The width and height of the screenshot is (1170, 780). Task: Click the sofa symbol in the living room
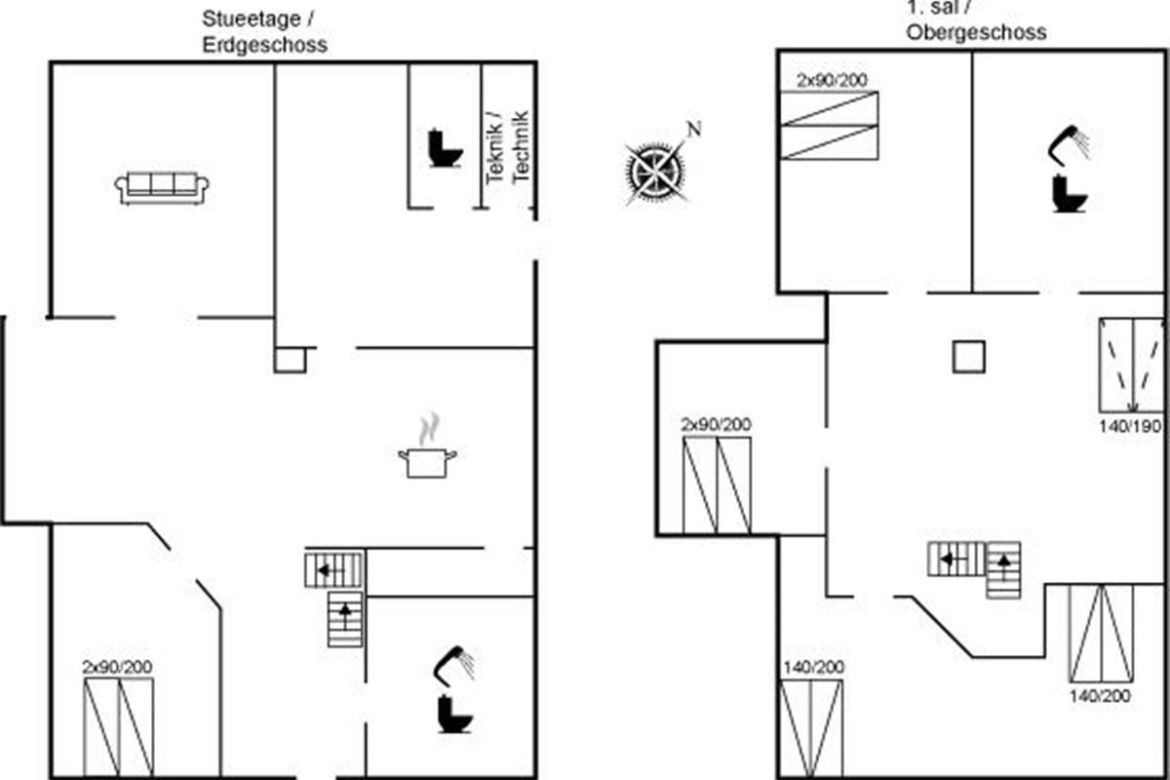pos(162,187)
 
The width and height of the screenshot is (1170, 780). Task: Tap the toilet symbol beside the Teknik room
pos(445,148)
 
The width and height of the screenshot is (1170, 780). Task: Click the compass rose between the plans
pos(655,172)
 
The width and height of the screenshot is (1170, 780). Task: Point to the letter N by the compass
pos(693,129)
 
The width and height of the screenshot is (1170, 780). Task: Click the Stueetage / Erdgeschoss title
pos(264,31)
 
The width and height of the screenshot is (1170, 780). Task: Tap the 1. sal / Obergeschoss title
pos(974,21)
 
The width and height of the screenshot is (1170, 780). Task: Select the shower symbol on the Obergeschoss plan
pos(1069,142)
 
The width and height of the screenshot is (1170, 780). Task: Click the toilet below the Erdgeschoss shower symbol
pos(454,714)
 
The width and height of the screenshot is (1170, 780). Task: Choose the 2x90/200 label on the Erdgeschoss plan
pos(117,667)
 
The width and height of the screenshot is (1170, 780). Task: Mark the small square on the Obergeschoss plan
pos(968,357)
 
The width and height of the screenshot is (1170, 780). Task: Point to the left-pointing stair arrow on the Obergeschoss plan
pos(947,559)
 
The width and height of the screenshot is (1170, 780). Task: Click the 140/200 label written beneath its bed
pos(1100,695)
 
